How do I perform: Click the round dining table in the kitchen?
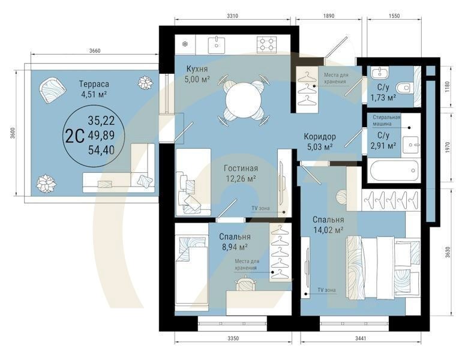pyautogui.click(x=244, y=100)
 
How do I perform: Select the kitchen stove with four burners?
pyautogui.click(x=266, y=43)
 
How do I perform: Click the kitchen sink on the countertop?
pyautogui.click(x=215, y=43)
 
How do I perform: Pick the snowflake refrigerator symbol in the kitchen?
pyautogui.click(x=185, y=43)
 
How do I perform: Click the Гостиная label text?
pyautogui.click(x=241, y=169)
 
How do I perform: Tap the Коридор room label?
pyautogui.click(x=319, y=136)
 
